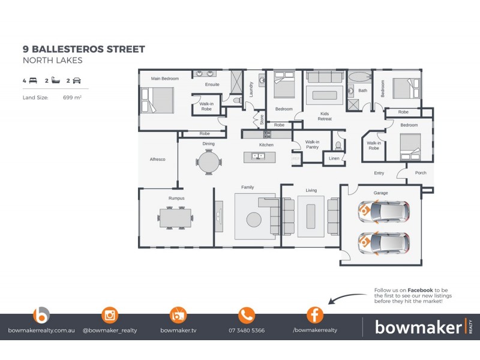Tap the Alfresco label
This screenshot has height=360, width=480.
click(157, 159)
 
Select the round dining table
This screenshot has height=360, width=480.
click(209, 161)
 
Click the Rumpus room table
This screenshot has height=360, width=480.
click(176, 217)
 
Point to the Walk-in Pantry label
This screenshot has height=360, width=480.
click(312, 145)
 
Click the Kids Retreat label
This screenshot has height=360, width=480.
click(325, 116)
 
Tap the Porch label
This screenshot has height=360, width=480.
click(421, 173)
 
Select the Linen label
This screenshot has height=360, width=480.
click(334, 158)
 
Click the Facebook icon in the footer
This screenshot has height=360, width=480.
click(315, 315)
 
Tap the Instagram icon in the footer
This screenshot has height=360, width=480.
click(110, 315)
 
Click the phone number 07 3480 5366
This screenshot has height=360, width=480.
click(247, 330)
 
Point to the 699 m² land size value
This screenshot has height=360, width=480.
click(72, 97)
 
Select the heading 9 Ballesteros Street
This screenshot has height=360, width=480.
click(83, 49)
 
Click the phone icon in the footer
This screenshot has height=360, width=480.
click(247, 315)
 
